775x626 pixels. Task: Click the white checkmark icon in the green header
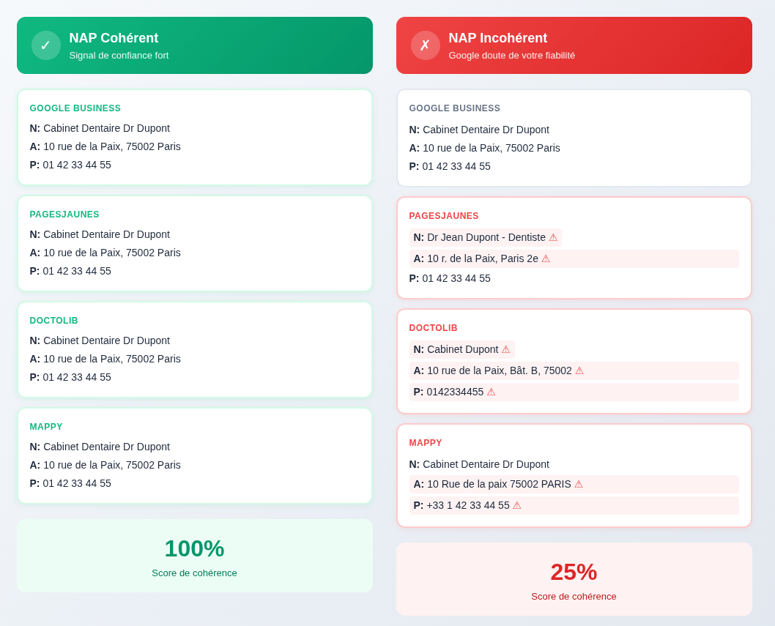(x=45, y=45)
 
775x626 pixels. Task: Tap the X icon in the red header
(x=425, y=45)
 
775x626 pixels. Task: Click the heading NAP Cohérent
(x=114, y=38)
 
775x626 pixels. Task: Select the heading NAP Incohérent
(x=497, y=38)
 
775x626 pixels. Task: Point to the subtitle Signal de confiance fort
(x=119, y=56)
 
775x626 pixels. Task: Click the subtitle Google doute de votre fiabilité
(x=511, y=56)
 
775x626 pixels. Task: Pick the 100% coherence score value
(x=194, y=548)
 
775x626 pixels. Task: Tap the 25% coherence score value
(x=574, y=572)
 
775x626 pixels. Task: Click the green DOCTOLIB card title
(x=53, y=321)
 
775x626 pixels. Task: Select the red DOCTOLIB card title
(x=433, y=328)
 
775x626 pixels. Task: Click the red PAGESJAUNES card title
(x=443, y=216)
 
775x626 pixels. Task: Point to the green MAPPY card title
(x=46, y=427)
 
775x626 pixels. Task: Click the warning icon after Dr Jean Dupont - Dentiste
(x=553, y=237)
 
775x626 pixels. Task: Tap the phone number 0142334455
(x=455, y=392)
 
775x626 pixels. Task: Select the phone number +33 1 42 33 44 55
(x=467, y=505)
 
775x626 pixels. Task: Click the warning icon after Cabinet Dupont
(x=505, y=349)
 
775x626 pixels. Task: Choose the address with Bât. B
(x=499, y=370)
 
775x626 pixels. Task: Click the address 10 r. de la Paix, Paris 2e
(x=482, y=258)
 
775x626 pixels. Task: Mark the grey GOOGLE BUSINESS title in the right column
(x=454, y=108)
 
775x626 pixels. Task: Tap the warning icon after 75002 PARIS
(x=579, y=484)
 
